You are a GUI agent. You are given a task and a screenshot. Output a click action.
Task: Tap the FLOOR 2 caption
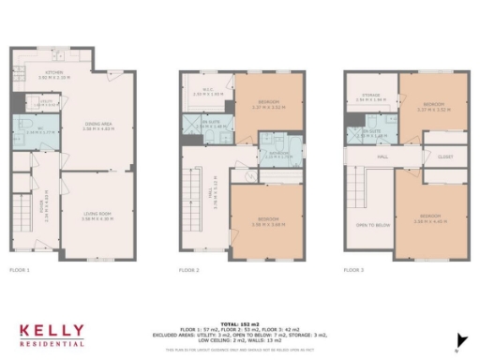tap(190, 270)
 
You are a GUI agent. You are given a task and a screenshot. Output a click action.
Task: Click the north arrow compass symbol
tap(458, 340)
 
